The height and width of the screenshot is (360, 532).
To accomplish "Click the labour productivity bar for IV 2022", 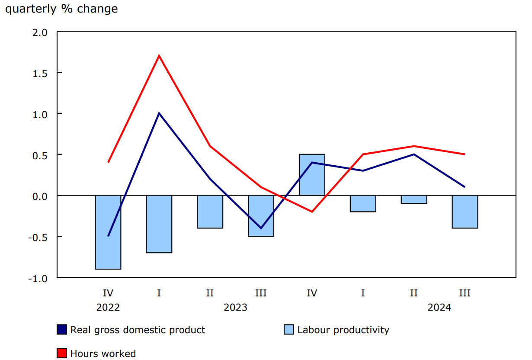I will (x=108, y=232).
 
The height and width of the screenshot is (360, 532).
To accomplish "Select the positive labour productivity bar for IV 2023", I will (x=312, y=175).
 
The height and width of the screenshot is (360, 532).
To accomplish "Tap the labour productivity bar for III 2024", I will (x=465, y=212).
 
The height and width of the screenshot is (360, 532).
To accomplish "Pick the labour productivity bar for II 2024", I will (x=414, y=199).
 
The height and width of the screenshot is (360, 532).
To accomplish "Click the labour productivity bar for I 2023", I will (x=159, y=224).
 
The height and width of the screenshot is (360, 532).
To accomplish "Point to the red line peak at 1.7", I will (x=159, y=56).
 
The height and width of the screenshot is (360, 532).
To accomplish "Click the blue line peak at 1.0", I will (x=159, y=113).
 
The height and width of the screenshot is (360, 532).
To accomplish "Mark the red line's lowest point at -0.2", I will (x=312, y=212).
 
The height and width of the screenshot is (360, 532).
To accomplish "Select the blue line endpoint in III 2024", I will (x=465, y=187).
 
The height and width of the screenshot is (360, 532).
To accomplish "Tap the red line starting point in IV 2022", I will (x=108, y=162).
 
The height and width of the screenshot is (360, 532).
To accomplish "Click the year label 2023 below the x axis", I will (x=235, y=308).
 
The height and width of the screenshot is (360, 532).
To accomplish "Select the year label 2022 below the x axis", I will (x=108, y=308).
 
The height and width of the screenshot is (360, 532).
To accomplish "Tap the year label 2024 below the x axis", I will (x=439, y=308).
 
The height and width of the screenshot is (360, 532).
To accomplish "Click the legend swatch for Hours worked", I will (x=62, y=353).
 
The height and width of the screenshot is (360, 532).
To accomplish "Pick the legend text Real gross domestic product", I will (x=138, y=330).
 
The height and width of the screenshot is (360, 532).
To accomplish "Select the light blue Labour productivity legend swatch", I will (x=289, y=330).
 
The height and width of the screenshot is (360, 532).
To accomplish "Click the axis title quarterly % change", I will (x=61, y=9).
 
